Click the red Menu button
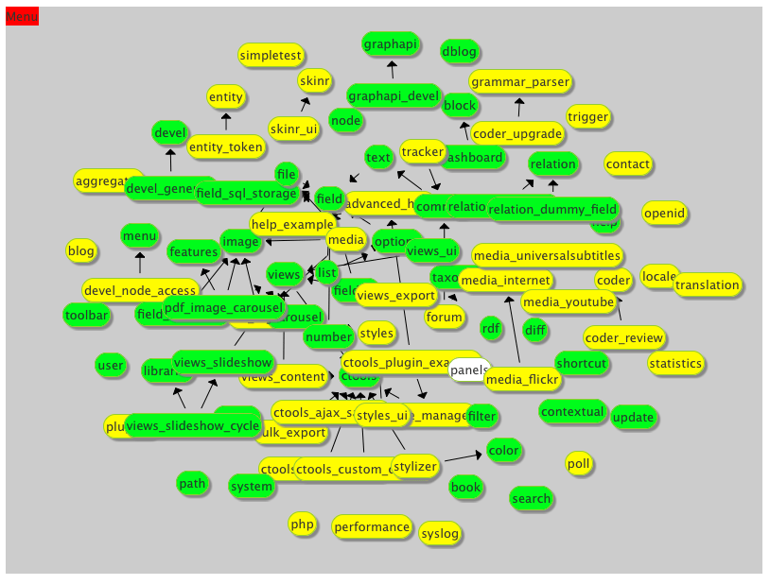point(22,17)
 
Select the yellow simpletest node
point(271,56)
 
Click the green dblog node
point(460,52)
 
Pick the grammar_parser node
point(520,82)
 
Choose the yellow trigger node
point(588,117)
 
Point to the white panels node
point(469,370)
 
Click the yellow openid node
point(664,214)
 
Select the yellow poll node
point(579,463)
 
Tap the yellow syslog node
point(440,534)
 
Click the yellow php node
point(302,525)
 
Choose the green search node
point(531,499)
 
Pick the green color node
point(504,451)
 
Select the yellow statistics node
point(676,363)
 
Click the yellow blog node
point(81,251)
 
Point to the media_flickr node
point(523,380)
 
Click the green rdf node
point(491,329)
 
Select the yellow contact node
point(628,164)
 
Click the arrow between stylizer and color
point(464,457)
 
